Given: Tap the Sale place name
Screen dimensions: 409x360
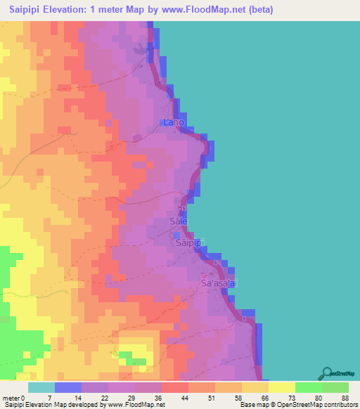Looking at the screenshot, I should pos(179,221).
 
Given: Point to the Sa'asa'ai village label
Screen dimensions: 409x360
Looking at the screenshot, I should pos(220,283).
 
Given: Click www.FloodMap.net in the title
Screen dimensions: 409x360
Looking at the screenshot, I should pos(209,10).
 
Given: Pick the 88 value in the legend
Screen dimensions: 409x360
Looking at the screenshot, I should pos(344,398).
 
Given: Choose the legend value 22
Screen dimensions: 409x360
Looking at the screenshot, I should pos(104,398).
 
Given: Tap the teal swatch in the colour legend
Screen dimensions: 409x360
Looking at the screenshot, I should pos(41,387).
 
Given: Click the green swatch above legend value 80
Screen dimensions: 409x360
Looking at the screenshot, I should pos(308,387).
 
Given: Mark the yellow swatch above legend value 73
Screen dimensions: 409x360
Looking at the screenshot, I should pos(281,387).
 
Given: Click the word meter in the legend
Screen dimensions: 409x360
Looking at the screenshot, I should pos(13,398).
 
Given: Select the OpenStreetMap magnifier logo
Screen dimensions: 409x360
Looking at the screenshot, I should pos(327,374).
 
